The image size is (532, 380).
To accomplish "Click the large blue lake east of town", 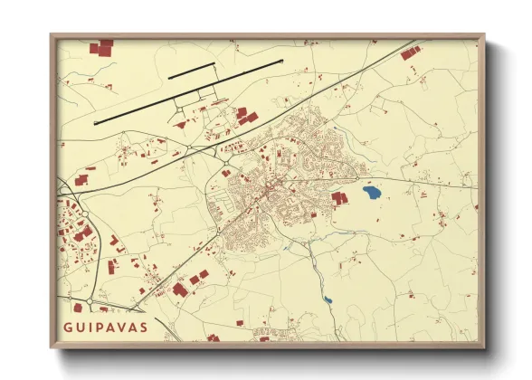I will [x=371, y=192].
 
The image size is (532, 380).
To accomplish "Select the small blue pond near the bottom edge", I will [x=327, y=300].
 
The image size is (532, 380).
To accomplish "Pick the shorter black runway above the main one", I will [x=191, y=70].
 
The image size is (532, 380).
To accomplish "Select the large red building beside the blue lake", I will [x=339, y=196].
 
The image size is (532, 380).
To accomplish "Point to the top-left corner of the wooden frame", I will [x=51, y=35].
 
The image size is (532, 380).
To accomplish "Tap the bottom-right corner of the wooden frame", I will [x=484, y=347].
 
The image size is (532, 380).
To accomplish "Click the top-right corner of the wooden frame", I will [x=484, y=35].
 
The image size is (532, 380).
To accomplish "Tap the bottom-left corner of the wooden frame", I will [x=51, y=347].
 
